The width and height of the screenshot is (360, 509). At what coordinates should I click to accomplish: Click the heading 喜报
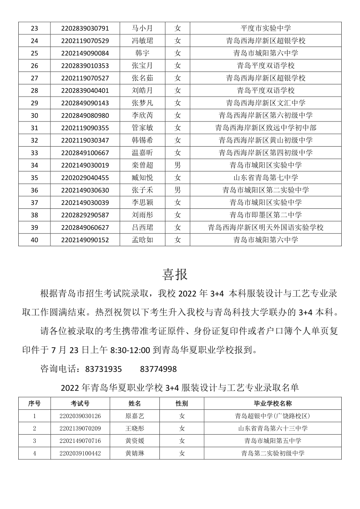pos(175,275)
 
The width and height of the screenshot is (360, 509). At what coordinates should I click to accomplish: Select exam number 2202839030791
pos(85,28)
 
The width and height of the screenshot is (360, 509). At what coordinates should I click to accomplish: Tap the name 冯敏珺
pos(142,41)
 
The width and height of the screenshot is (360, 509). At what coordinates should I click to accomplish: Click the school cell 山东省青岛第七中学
pos(266,177)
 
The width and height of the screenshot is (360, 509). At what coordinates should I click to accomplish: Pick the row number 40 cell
pos(34,240)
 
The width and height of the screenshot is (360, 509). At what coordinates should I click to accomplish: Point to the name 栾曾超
pos(142,165)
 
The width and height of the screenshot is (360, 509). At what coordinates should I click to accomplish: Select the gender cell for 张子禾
pos(177,190)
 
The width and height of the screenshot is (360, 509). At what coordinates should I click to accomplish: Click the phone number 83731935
pos(104,369)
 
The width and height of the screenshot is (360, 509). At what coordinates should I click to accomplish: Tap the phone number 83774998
pos(158,369)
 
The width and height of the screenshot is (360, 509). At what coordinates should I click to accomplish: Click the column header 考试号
pos(80,403)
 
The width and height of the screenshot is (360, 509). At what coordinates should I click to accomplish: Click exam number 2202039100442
pos(80,453)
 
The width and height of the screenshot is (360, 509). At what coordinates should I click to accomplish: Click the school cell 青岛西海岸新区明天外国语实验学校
pos(266,228)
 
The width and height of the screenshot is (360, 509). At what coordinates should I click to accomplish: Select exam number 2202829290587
pos(85,215)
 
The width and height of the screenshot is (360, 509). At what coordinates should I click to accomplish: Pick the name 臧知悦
pos(142,177)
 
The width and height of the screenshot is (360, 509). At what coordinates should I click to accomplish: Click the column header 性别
pos(182,403)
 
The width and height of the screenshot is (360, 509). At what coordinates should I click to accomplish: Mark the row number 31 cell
pos(34,128)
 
